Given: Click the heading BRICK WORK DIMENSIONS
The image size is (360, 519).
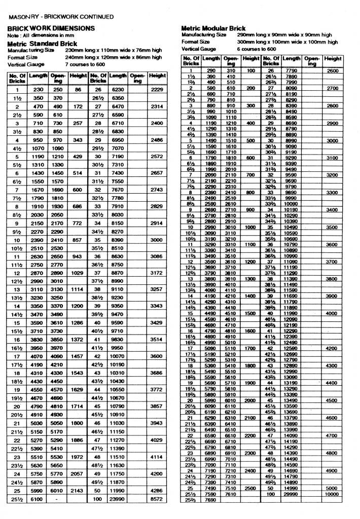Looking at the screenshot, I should pos(51,28).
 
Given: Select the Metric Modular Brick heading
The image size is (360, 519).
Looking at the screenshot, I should pos(213,28).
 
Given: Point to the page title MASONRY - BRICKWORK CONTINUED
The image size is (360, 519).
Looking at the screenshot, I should pos(61,17).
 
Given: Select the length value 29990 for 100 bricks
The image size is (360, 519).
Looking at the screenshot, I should pos(291,493).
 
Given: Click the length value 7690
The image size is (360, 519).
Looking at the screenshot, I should pos(210,499).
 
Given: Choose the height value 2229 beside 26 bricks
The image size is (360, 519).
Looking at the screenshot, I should pos(157,89).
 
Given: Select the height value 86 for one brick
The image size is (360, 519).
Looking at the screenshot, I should pos(78,89).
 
